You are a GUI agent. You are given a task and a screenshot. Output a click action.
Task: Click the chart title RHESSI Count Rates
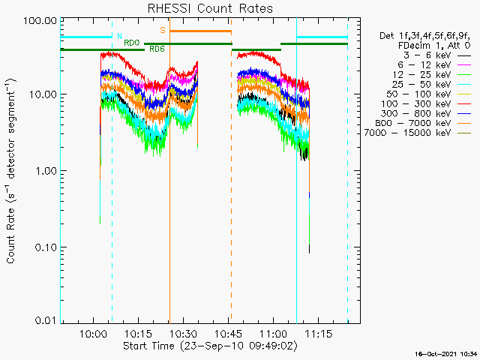pyautogui.click(x=210, y=9)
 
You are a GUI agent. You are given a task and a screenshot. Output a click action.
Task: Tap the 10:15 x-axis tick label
pyautogui.click(x=139, y=332)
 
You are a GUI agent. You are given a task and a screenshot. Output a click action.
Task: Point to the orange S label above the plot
pyautogui.click(x=162, y=30)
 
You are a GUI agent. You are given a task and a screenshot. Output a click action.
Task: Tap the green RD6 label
pyautogui.click(x=157, y=49)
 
